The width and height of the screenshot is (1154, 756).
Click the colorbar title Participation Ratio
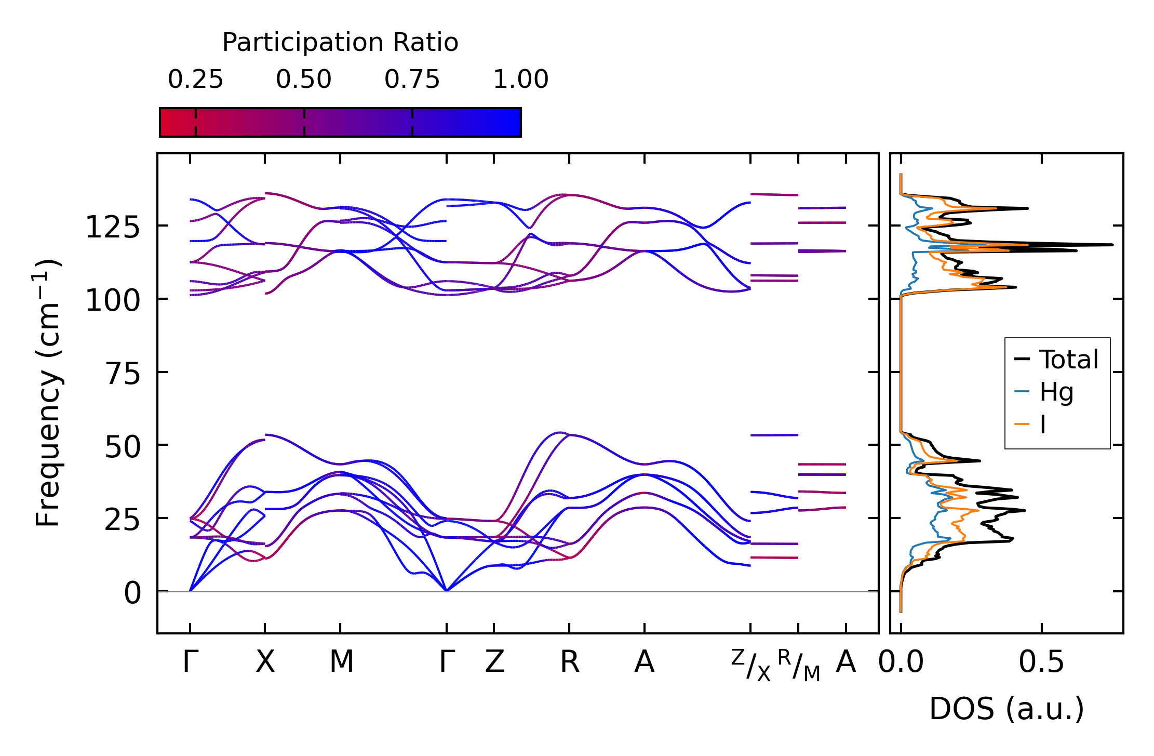[x=340, y=43]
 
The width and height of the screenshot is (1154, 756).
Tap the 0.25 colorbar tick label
[x=195, y=79]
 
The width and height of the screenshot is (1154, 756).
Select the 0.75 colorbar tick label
[x=412, y=79]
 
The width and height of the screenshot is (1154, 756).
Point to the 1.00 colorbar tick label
[x=521, y=79]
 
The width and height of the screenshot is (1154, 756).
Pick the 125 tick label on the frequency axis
[x=113, y=227]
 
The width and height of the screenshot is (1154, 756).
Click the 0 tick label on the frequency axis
[x=132, y=593]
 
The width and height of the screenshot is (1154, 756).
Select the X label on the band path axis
[x=265, y=662]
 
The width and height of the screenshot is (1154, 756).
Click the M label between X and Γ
[x=341, y=662]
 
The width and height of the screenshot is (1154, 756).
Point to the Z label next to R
[x=494, y=662]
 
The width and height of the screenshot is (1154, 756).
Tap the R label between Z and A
[x=570, y=662]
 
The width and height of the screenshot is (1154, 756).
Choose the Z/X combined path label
[x=751, y=665]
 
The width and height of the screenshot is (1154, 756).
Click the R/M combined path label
[x=799, y=665]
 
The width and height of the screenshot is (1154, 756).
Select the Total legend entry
[x=1056, y=360]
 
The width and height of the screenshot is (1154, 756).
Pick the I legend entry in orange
[x=1030, y=425]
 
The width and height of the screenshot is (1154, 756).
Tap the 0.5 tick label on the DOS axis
[x=1041, y=662]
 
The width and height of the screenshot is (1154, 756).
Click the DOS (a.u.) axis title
[x=1007, y=709]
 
